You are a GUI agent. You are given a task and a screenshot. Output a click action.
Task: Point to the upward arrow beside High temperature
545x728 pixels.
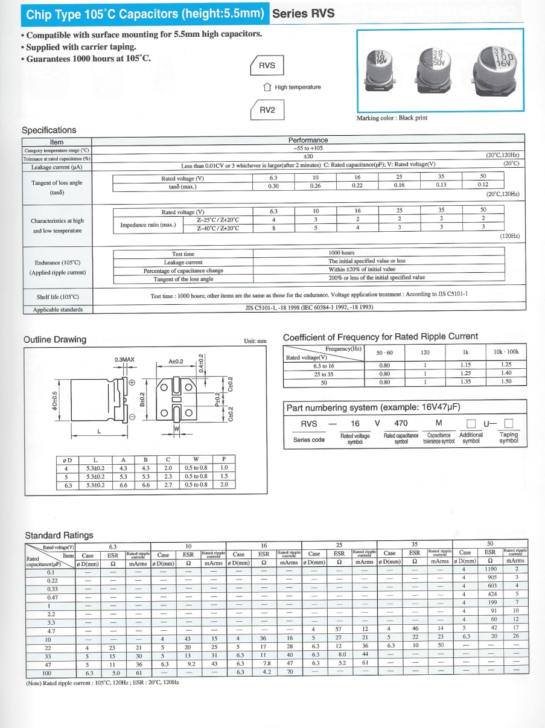click(267, 87)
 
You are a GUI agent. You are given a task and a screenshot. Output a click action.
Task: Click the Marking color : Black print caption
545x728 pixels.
click(392, 118)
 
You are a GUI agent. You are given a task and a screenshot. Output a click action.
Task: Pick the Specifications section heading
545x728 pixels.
click(49, 130)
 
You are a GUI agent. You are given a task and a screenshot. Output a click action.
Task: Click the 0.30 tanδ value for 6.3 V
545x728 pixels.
click(273, 185)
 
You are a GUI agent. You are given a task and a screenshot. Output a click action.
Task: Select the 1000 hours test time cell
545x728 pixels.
click(342, 253)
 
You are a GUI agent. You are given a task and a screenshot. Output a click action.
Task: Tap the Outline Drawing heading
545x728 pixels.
click(55, 339)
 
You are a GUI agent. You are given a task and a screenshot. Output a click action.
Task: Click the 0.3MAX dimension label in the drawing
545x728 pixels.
click(124, 360)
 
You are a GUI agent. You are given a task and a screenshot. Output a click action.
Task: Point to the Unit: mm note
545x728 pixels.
click(255, 341)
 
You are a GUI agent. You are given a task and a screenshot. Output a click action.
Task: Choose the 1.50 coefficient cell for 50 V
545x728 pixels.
click(506, 382)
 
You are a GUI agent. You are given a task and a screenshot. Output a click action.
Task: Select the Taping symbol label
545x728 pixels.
click(508, 438)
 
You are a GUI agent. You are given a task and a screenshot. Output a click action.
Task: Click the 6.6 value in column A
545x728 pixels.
click(123, 484)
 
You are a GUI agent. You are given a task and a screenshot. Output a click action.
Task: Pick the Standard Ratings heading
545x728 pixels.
click(59, 535)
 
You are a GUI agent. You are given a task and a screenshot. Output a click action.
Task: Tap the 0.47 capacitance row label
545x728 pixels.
click(53, 597)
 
